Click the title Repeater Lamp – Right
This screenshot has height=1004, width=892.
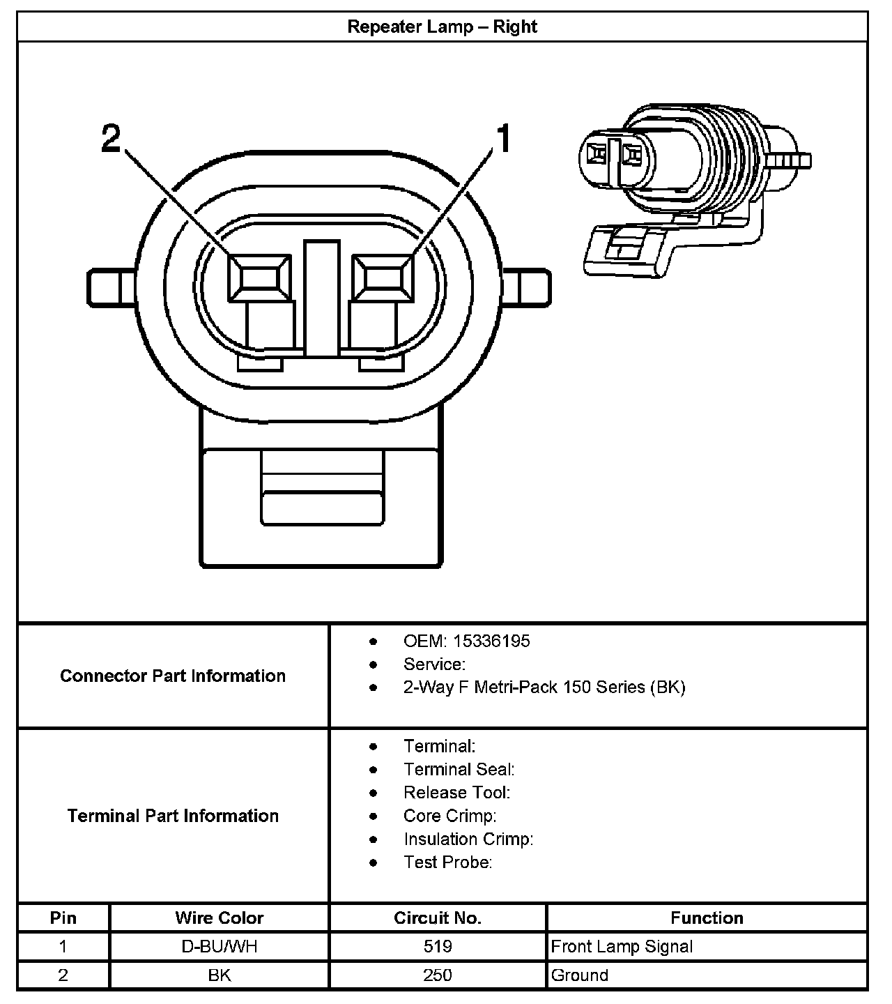pos(442,27)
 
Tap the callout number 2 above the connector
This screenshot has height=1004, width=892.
pos(111,138)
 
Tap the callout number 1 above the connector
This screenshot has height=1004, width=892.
pos(503,138)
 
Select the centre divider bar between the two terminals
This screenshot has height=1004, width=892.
pos(321,298)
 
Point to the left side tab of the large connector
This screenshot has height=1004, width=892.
pos(110,287)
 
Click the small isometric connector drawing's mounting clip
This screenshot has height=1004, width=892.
pos(624,249)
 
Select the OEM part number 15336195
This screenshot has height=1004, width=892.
pos(491,641)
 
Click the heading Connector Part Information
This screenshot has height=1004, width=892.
pos(173,676)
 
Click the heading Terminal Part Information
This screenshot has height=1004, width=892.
pos(173,816)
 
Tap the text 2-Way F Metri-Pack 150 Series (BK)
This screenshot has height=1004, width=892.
pos(544,687)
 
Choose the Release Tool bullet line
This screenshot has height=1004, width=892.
pos(456,793)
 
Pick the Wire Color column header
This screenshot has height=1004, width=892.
pos(219,918)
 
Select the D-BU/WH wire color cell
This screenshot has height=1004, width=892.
pos(219,946)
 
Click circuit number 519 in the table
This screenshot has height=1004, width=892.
pos(438,946)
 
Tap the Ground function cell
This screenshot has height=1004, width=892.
pos(580,975)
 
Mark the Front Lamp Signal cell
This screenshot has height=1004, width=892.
pos(622,946)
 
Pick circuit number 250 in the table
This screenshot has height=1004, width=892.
pos(438,975)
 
